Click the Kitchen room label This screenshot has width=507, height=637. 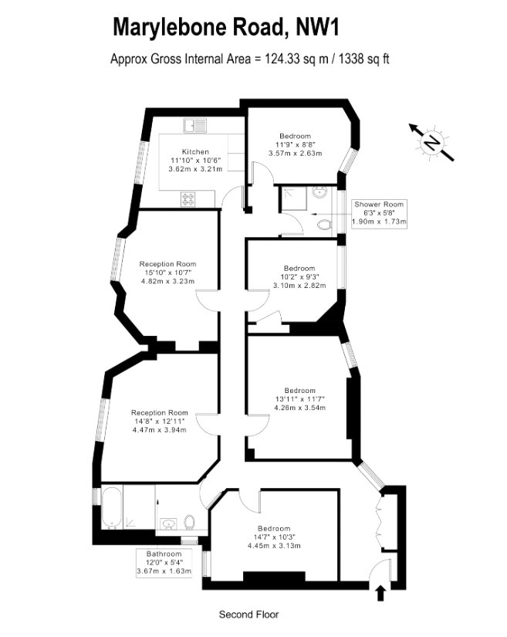[x=195, y=151]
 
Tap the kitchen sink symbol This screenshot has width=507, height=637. [x=194, y=126]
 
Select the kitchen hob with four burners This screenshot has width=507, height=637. [x=188, y=199]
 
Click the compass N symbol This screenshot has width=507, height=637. [x=431, y=143]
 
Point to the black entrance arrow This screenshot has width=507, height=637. [x=380, y=593]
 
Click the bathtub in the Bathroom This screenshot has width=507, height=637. [x=111, y=507]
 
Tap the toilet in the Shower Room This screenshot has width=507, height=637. [x=325, y=224]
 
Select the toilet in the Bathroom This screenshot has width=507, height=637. [x=190, y=522]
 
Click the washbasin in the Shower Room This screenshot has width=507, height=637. [x=319, y=191]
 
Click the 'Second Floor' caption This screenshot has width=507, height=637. [x=248, y=615]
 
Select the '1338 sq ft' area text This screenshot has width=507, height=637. [x=364, y=59]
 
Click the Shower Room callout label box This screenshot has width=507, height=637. [x=379, y=213]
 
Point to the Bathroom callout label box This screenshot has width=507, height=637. [x=164, y=563]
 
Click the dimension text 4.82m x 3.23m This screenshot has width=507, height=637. [x=167, y=281]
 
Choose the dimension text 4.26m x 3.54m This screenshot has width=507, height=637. [x=300, y=408]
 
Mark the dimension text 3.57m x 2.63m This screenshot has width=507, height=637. [x=295, y=153]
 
